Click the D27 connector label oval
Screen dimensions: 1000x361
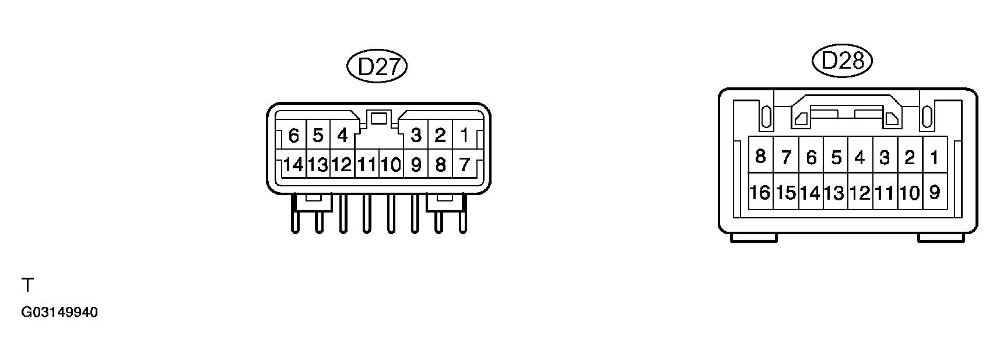(376, 67)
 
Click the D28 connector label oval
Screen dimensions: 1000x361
(841, 61)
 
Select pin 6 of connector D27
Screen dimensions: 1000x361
(293, 136)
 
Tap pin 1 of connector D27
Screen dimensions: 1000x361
(464, 136)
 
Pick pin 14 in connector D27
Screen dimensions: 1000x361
(293, 165)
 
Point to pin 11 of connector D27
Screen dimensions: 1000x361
(367, 165)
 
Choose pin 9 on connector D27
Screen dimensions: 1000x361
(416, 165)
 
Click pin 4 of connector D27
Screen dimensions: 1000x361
(342, 136)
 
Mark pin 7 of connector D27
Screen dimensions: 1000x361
(464, 165)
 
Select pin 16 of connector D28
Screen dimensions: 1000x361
(760, 192)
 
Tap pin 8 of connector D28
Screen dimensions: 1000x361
(760, 156)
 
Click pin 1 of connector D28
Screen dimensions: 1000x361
(935, 156)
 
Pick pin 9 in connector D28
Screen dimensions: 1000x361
(935, 192)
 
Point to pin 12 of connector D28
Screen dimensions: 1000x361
(860, 192)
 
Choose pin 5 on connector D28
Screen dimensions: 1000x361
(836, 156)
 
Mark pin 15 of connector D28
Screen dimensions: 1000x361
(785, 192)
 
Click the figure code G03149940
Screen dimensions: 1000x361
(59, 313)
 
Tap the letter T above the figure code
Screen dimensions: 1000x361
(27, 285)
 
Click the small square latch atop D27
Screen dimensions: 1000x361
(379, 118)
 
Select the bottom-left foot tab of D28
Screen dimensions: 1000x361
(753, 238)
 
